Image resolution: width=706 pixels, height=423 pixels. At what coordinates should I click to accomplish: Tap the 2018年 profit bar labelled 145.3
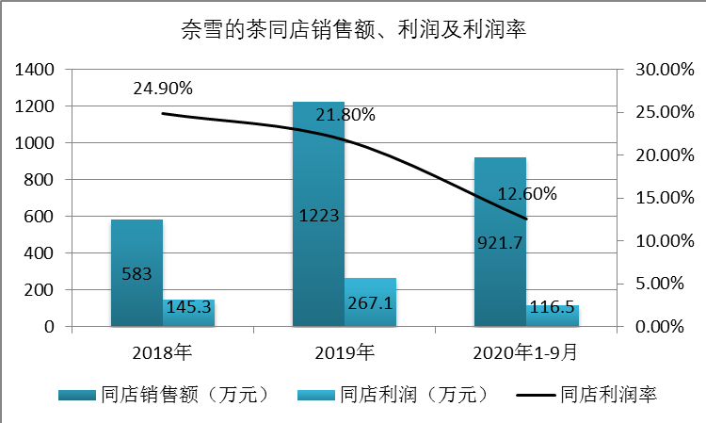189,315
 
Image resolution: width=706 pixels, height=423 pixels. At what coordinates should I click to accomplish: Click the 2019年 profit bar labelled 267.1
371,303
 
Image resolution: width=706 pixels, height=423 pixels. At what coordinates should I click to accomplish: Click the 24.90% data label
163,89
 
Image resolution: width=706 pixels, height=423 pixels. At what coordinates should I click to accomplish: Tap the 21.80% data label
345,115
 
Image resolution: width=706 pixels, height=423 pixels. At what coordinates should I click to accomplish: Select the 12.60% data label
527,194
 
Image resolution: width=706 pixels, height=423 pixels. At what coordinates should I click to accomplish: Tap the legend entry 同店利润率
584,395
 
